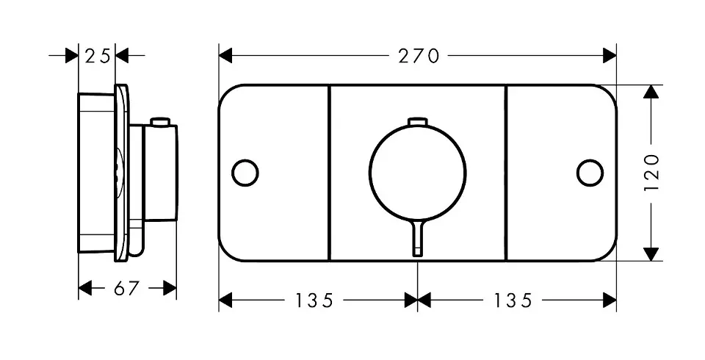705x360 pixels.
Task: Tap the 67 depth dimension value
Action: [126, 289]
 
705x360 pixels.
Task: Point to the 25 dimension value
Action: [97, 55]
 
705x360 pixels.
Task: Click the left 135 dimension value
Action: [314, 300]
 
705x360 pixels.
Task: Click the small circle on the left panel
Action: [245, 173]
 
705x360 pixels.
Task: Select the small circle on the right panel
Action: [590, 173]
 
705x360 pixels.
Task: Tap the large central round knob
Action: [417, 173]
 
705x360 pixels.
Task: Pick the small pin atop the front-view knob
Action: [417, 121]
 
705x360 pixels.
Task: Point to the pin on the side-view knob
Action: [160, 121]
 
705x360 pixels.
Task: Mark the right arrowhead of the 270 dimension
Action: [610, 55]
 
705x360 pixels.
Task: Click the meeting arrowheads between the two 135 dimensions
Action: [417, 300]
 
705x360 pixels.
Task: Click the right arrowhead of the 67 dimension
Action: [170, 289]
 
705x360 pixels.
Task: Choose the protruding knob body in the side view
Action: [158, 173]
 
